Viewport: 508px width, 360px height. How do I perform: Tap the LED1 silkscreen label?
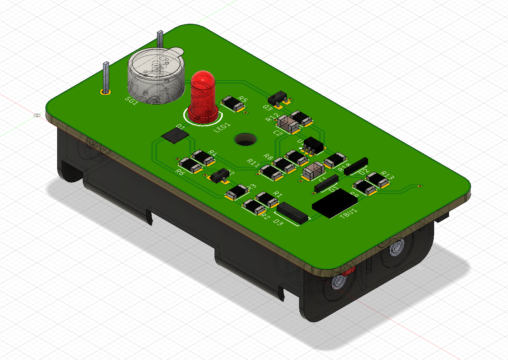222,127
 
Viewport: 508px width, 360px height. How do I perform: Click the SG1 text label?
131,101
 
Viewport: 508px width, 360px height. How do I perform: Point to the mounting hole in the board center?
245,139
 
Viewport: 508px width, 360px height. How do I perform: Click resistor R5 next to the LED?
233,103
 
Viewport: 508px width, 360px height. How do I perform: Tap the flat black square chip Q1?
175,135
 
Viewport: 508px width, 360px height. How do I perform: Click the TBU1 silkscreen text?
348,214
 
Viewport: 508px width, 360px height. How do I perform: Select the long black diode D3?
292,213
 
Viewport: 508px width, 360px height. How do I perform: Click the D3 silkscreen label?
278,222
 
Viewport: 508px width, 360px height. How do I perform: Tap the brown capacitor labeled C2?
288,124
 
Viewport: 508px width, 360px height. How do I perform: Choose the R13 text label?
387,175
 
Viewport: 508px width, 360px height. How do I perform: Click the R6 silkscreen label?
180,172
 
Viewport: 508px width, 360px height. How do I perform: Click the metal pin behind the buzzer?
160,39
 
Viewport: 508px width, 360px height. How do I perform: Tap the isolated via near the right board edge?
420,186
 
